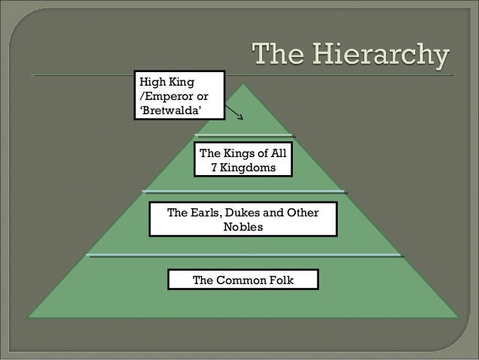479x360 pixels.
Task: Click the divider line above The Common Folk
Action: point(245,256)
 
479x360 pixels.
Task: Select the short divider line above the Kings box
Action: point(243,135)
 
